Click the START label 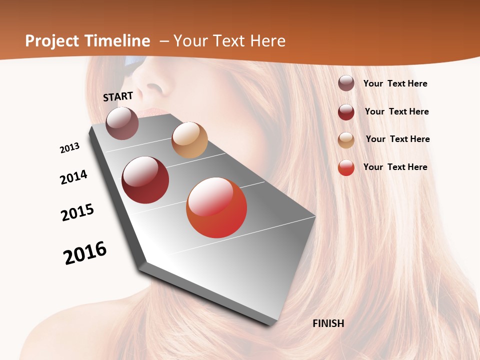click(x=118, y=96)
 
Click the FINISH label click(x=328, y=323)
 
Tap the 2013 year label click(x=70, y=148)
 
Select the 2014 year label click(x=74, y=177)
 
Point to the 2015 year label click(x=77, y=212)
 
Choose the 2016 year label click(x=85, y=253)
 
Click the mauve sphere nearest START click(x=122, y=123)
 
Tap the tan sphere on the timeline click(x=189, y=140)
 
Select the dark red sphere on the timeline click(x=145, y=180)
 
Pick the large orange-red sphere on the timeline click(x=216, y=207)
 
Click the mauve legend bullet click(x=346, y=83)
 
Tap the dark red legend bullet click(x=346, y=112)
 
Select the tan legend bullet click(x=346, y=140)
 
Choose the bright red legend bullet click(x=346, y=167)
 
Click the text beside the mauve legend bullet click(x=395, y=84)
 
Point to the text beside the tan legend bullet click(x=397, y=139)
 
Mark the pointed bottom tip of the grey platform click(x=270, y=324)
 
